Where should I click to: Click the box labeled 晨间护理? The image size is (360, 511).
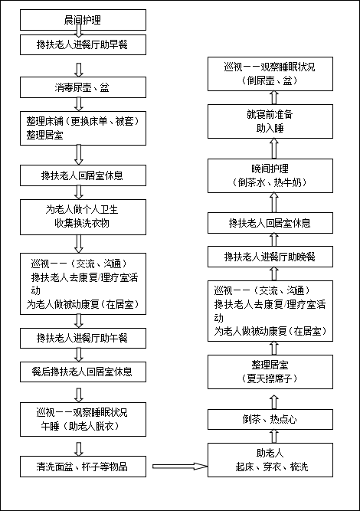point(83,20)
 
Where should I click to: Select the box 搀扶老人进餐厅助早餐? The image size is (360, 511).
point(83,44)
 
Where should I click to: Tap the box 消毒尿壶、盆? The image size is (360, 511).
point(83,87)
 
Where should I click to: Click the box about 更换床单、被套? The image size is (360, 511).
point(83,128)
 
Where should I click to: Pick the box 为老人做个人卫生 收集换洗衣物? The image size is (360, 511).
point(83,217)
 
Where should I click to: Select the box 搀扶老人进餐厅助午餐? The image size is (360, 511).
point(83,338)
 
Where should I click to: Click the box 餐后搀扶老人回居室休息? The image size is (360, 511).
point(83,372)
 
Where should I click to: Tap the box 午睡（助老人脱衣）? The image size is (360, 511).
point(83,419)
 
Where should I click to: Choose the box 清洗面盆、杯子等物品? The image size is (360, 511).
point(83,467)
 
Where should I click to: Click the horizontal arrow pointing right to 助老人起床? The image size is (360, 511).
point(180,467)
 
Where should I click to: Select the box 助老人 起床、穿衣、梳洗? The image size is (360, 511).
point(270,460)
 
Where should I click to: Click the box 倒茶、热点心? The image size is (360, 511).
point(270,419)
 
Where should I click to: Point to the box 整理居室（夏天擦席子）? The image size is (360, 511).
point(270,372)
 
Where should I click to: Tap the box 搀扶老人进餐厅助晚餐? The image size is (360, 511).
point(270,257)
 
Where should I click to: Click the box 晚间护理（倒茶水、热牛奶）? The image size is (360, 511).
point(270,175)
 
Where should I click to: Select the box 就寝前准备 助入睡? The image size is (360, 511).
point(270,121)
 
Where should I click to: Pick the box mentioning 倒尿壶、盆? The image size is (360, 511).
point(270,74)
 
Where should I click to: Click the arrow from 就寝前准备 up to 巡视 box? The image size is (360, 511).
point(274,98)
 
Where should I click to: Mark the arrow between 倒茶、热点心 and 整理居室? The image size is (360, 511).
point(274,402)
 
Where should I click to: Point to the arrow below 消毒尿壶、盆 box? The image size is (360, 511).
point(79,104)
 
